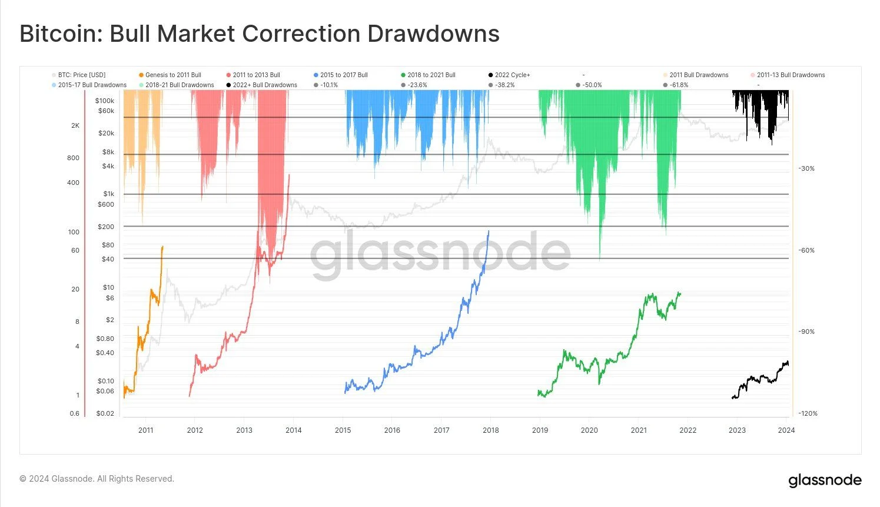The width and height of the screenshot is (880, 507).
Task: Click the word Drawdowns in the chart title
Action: [434, 34]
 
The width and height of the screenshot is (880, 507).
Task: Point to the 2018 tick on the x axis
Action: [491, 430]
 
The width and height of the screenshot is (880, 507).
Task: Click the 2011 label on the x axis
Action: [146, 430]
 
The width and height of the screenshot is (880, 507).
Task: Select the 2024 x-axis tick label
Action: [786, 430]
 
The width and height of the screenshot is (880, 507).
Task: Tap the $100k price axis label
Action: [105, 101]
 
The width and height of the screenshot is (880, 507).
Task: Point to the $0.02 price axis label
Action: [105, 413]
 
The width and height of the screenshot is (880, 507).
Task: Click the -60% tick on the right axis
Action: [806, 250]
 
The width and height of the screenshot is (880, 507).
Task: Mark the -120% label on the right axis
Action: [808, 413]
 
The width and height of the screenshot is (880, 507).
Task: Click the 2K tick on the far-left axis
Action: [75, 125]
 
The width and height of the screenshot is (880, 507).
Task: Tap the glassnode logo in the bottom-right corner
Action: [825, 481]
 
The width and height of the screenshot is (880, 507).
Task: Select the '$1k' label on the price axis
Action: [109, 194]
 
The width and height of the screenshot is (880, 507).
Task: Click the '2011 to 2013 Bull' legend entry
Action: [256, 75]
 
